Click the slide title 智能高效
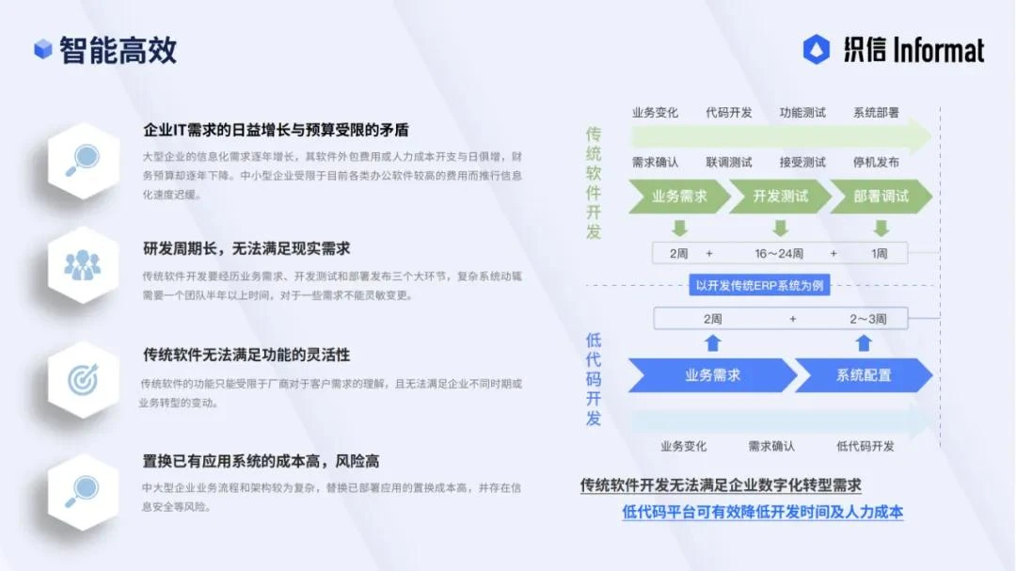(118, 50)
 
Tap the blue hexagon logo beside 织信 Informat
(816, 50)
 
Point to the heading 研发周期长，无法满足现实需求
(246, 248)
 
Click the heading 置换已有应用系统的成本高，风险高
(261, 461)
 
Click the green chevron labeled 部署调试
(881, 197)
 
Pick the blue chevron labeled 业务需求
(711, 375)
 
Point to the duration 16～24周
(779, 253)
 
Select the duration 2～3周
(867, 319)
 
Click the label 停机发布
(876, 162)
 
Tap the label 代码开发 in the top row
(729, 113)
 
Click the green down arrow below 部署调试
(881, 228)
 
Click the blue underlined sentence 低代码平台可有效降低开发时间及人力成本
(762, 513)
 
